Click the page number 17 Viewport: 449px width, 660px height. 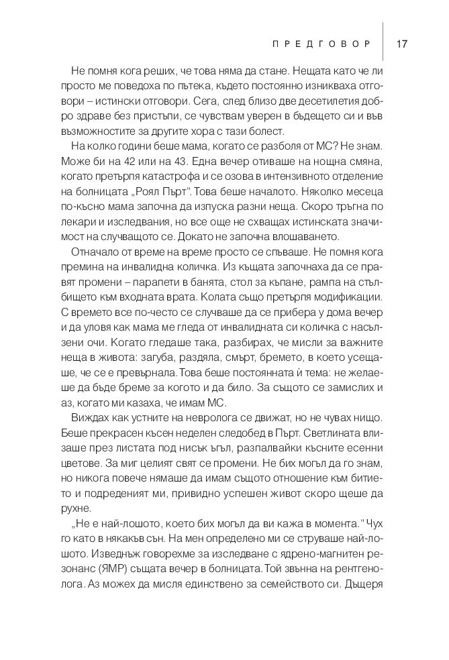403,44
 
